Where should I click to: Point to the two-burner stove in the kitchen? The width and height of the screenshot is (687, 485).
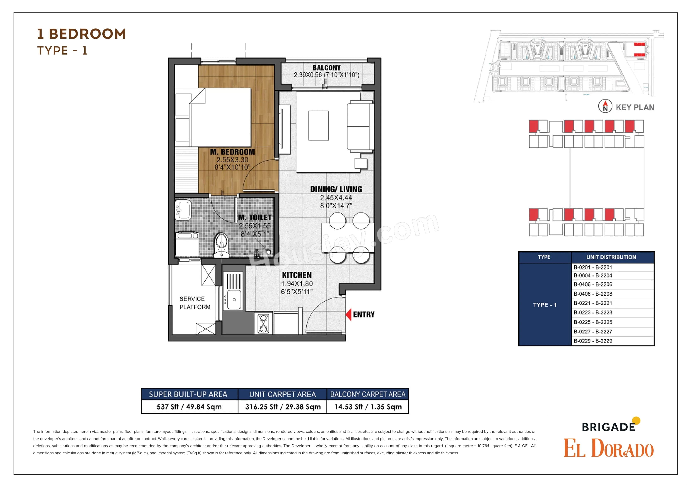pos(263,323)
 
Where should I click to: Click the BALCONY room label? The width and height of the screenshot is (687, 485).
pos(326,68)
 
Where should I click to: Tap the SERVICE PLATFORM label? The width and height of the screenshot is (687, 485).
pos(195,303)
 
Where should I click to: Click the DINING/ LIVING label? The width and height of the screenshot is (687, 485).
pos(336,189)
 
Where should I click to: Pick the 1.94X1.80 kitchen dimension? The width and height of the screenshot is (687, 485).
pos(297,284)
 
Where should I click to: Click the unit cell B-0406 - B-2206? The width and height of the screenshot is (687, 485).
pos(593,284)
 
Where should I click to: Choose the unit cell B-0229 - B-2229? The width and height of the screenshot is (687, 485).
pos(593,341)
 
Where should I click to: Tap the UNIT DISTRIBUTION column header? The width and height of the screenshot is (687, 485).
pos(611,257)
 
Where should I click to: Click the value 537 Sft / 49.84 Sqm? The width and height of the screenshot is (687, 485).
pos(189,407)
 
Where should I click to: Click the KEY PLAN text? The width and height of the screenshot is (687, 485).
pos(635,107)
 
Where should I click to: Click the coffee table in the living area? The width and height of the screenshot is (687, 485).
pos(318,125)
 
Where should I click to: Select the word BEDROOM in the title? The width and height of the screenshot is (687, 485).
pos(87,34)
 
